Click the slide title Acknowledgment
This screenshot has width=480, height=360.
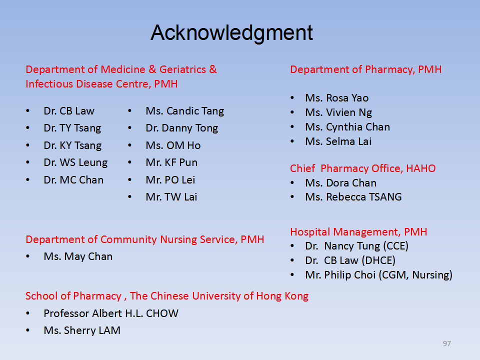pyautogui.click(x=231, y=33)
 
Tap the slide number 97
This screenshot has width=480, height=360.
pyautogui.click(x=446, y=343)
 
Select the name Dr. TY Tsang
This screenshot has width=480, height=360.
pyautogui.click(x=72, y=128)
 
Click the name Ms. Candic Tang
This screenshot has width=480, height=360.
pyautogui.click(x=185, y=111)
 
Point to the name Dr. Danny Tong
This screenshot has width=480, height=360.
pyautogui.click(x=182, y=128)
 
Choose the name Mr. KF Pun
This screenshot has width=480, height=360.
pyautogui.click(x=171, y=162)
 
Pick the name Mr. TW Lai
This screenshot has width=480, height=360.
pyautogui.click(x=171, y=197)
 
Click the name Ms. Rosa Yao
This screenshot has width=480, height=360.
pyautogui.click(x=336, y=98)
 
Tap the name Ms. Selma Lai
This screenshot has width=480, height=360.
pyautogui.click(x=338, y=141)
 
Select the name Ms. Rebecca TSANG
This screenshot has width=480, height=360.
pyautogui.click(x=353, y=197)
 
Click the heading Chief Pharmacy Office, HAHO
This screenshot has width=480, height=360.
pyautogui.click(x=363, y=168)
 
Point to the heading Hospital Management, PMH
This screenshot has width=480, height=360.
pyautogui.click(x=358, y=232)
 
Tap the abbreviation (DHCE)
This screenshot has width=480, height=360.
pyautogui.click(x=378, y=260)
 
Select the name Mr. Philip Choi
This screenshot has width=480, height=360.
pyautogui.click(x=340, y=275)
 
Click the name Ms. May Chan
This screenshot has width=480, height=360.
pyautogui.click(x=78, y=256)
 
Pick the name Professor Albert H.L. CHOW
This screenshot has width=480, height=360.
pyautogui.click(x=111, y=313)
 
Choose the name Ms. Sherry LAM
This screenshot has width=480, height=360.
pyautogui.click(x=82, y=330)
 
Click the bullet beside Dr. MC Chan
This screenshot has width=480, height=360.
pyautogui.click(x=28, y=179)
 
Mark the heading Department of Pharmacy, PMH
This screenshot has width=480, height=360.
pyautogui.click(x=366, y=69)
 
